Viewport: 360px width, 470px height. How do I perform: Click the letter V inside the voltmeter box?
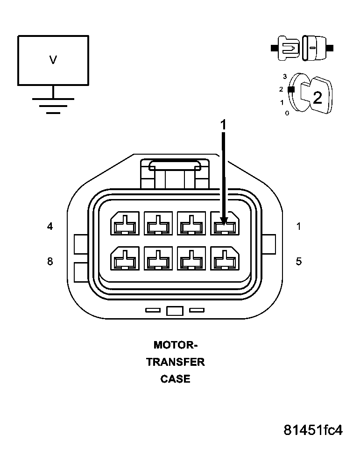(x=53, y=60)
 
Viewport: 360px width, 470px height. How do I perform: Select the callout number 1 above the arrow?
(x=223, y=124)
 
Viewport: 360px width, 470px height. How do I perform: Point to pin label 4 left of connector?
(x=50, y=227)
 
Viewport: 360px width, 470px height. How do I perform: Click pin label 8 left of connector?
(x=50, y=262)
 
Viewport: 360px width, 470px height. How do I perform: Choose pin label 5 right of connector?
(x=298, y=262)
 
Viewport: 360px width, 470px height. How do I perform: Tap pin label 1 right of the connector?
(x=298, y=227)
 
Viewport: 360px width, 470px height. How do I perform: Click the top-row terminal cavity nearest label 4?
(x=124, y=224)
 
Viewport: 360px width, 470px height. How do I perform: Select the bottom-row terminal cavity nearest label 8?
(x=124, y=259)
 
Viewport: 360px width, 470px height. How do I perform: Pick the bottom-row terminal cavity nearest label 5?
(x=226, y=259)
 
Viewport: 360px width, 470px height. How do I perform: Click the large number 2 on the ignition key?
(x=317, y=98)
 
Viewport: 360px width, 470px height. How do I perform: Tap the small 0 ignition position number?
(x=287, y=113)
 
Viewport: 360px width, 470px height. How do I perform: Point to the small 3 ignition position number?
(x=284, y=76)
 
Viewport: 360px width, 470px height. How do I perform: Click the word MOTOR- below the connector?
(x=176, y=345)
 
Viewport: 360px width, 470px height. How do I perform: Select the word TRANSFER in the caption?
(x=176, y=362)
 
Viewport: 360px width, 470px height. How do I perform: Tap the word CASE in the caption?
(x=176, y=379)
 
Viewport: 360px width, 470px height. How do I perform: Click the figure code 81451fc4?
(x=313, y=430)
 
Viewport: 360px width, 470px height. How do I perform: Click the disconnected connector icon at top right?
(x=302, y=48)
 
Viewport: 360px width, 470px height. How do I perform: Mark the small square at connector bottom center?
(x=174, y=311)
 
